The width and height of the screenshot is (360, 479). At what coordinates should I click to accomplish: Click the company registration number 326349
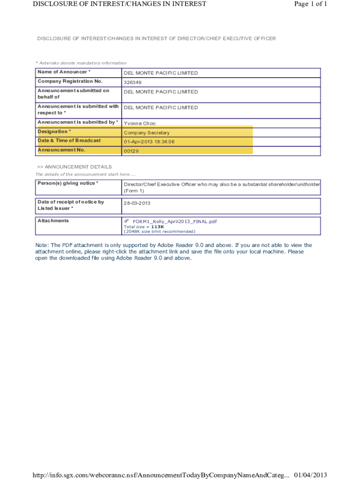(132, 82)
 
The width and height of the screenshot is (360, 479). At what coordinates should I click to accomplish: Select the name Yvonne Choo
(139, 123)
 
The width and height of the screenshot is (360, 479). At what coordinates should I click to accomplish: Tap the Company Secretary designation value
(146, 133)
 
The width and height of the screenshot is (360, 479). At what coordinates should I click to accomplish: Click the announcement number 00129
(131, 151)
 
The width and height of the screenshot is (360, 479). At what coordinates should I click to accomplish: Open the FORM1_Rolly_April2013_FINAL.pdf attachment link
(174, 221)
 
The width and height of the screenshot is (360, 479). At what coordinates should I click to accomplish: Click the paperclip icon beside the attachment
(126, 221)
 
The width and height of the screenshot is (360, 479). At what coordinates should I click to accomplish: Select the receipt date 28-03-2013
(137, 203)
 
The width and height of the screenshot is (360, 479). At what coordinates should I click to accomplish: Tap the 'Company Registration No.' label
(70, 81)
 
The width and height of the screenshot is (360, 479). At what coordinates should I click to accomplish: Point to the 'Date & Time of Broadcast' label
(69, 140)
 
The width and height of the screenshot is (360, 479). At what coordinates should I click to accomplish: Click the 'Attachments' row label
(53, 220)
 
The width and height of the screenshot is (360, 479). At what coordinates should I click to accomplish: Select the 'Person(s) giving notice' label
(68, 183)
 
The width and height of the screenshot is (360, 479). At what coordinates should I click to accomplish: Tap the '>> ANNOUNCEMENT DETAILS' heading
(74, 167)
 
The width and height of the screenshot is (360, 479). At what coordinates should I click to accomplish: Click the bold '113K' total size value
(158, 226)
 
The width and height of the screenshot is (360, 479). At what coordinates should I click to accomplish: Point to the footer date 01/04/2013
(310, 475)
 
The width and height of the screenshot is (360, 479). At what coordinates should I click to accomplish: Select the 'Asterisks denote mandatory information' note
(81, 63)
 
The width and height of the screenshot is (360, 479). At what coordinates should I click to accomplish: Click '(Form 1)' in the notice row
(134, 191)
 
